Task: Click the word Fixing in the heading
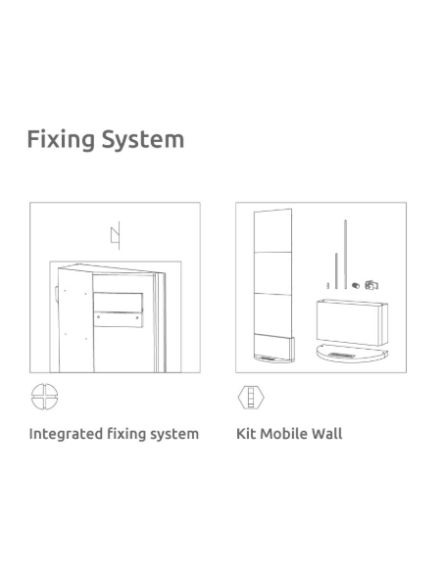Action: coord(61,139)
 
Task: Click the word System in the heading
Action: coord(143,139)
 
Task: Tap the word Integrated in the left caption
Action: coord(66,434)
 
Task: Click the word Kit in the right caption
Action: coord(246,434)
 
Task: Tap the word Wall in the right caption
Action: coord(327,434)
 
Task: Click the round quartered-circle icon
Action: coord(44,397)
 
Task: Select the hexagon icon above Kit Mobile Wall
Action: coord(251,397)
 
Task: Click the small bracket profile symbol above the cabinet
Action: coord(116,235)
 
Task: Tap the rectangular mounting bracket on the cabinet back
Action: coord(118,310)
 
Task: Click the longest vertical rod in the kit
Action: coord(345,255)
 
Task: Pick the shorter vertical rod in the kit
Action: coord(336,270)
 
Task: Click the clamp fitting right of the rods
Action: coord(371,285)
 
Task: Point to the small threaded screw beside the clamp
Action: coord(356,285)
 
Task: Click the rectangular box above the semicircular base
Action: coord(352,322)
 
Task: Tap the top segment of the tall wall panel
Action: coord(272,231)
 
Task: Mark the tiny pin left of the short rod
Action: coord(328,286)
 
